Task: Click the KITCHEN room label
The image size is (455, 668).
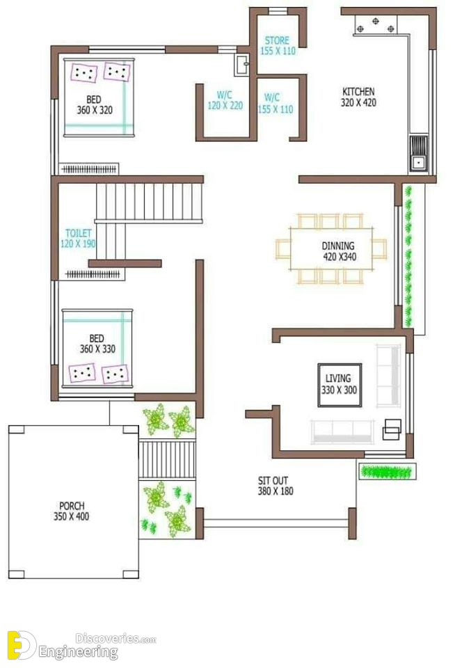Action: coord(358,92)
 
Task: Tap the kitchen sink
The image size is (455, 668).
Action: coord(418,153)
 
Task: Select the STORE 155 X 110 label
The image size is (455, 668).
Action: coord(278,46)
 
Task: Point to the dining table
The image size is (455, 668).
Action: coord(331,249)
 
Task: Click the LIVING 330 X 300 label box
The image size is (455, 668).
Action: coord(340,385)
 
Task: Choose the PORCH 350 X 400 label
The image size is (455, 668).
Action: coord(71,511)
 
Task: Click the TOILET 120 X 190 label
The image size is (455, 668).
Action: coord(78,239)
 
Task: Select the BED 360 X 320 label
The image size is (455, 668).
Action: coord(95,105)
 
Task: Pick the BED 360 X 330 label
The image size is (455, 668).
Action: coord(97,344)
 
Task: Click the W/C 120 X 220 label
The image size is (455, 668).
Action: coord(225,100)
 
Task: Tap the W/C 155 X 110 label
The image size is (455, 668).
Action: coord(276,104)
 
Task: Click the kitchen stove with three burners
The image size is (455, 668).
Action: coord(375,25)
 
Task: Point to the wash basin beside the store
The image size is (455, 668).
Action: coord(241,65)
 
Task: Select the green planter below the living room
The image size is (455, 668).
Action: coord(387,472)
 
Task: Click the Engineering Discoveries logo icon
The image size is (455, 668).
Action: coord(22,644)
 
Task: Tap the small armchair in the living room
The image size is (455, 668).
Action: coord(392,429)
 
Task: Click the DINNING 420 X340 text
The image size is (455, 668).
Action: coord(339,251)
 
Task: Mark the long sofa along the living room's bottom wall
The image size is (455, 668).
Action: coord(342,432)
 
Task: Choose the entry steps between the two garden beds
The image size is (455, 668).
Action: coord(167,459)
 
